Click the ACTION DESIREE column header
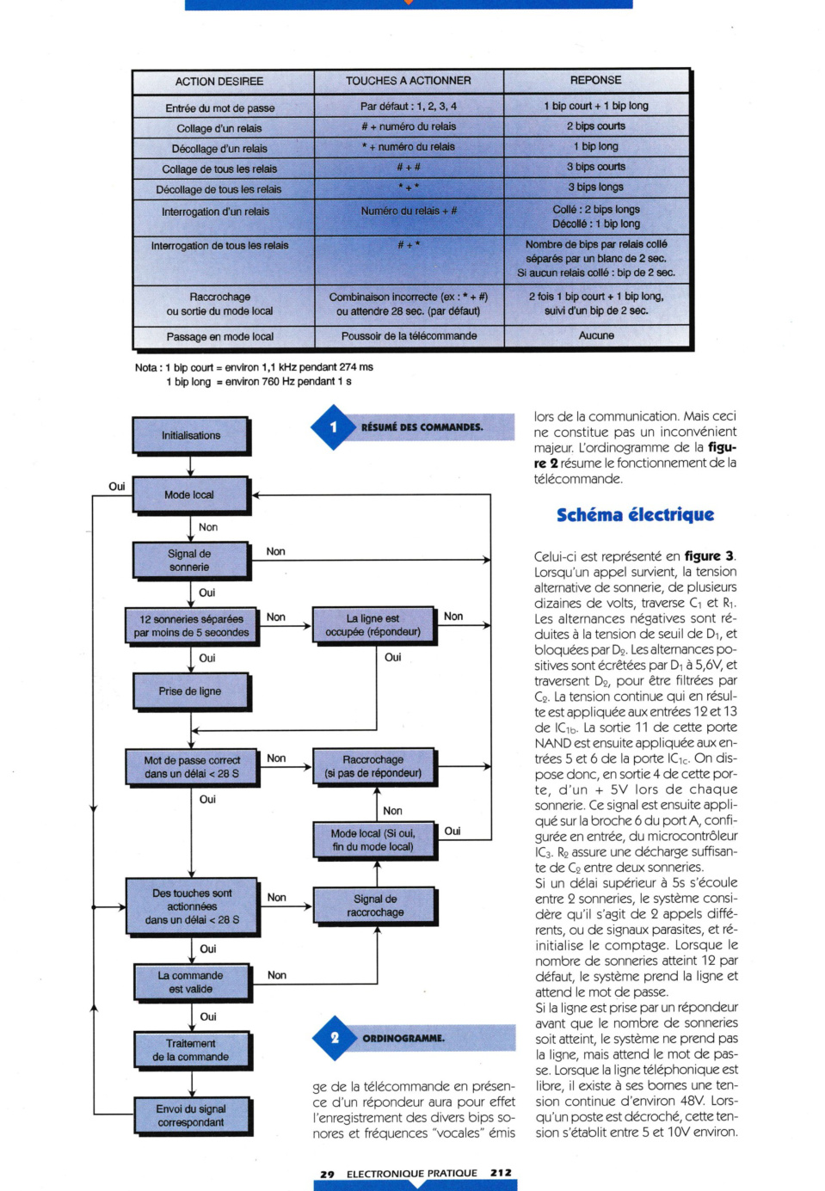pos(219,82)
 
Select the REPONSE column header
pos(596,80)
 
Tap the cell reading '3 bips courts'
pos(596,167)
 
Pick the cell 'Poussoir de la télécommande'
pos(409,336)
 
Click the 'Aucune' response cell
pos(596,335)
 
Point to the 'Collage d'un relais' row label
pos(219,128)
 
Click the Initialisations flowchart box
pos(190,435)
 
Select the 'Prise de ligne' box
pos(190,691)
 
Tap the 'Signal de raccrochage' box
pos(375,906)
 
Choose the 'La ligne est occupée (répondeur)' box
pos(373,625)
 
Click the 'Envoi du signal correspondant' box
pos(192,1115)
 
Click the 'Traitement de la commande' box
pos(192,1050)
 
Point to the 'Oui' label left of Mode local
pos(116,487)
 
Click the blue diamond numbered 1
pos(334,427)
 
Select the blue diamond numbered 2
pos(336,1038)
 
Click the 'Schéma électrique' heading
pos(635,515)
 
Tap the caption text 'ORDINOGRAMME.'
pos(403,1039)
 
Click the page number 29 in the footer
pos(327,1174)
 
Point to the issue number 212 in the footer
pos(501,1172)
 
